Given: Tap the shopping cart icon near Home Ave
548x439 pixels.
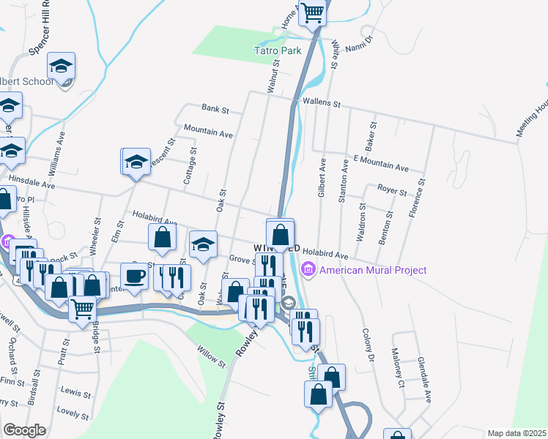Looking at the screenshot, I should [312, 12].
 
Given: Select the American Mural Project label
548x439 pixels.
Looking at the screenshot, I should [373, 270].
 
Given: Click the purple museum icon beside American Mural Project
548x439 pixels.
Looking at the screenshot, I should [308, 270].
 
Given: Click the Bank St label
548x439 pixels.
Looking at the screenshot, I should [215, 109].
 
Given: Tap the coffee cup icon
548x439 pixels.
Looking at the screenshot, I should [134, 276].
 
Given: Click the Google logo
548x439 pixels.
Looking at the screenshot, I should [24, 430].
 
